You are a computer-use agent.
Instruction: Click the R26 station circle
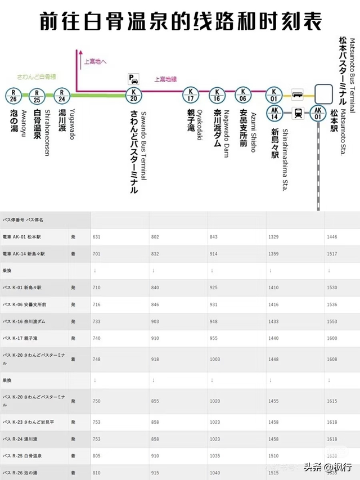click(x=13, y=95)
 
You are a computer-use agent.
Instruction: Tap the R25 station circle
click(x=37, y=95)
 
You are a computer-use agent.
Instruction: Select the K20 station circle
click(x=133, y=95)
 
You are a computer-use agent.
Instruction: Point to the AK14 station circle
click(x=274, y=114)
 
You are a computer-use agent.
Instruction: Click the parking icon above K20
click(x=134, y=78)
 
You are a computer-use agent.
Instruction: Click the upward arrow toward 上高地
click(x=76, y=53)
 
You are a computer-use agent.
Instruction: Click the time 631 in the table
click(x=96, y=237)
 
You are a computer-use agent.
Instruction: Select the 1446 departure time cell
click(x=332, y=237)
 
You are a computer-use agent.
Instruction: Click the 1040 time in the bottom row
click(x=215, y=472)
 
